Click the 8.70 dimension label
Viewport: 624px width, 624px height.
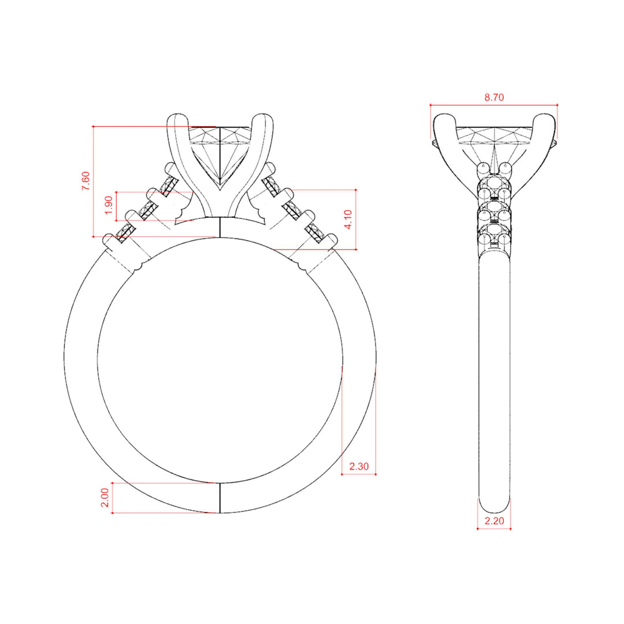click(494, 97)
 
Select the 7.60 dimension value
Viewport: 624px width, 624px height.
click(86, 181)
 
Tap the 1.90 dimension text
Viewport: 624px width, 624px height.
click(109, 205)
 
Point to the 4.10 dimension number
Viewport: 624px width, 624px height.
click(348, 220)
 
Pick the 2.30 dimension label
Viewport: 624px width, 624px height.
click(359, 466)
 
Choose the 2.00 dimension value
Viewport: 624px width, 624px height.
click(104, 497)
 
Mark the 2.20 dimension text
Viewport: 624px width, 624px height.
click(494, 521)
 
